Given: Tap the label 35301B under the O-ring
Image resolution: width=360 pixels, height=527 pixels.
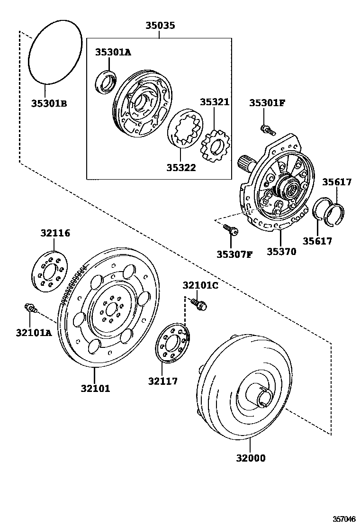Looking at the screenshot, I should tap(49, 103).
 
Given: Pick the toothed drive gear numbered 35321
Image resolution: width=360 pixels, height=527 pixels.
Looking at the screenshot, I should tap(214, 145).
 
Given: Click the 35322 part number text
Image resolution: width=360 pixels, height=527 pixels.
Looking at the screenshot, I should tap(181, 167).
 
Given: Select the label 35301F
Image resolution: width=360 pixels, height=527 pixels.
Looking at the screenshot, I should tap(267, 102).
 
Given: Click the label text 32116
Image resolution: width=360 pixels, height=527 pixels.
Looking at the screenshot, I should tap(55, 233).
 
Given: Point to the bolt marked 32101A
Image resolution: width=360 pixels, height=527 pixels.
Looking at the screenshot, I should tap(30, 309).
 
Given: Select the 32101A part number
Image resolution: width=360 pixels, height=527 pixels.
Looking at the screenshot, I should tap(33, 332).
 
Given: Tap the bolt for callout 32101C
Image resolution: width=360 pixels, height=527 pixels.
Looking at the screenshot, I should tap(200, 304).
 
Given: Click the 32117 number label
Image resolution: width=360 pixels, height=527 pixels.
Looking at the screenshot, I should tap(162, 381).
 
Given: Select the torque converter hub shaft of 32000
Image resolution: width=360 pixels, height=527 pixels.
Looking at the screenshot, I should tap(262, 397).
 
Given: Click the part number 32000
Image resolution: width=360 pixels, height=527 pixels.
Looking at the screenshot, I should tap(250, 458).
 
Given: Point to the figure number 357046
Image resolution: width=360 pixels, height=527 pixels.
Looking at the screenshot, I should tap(343, 518).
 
